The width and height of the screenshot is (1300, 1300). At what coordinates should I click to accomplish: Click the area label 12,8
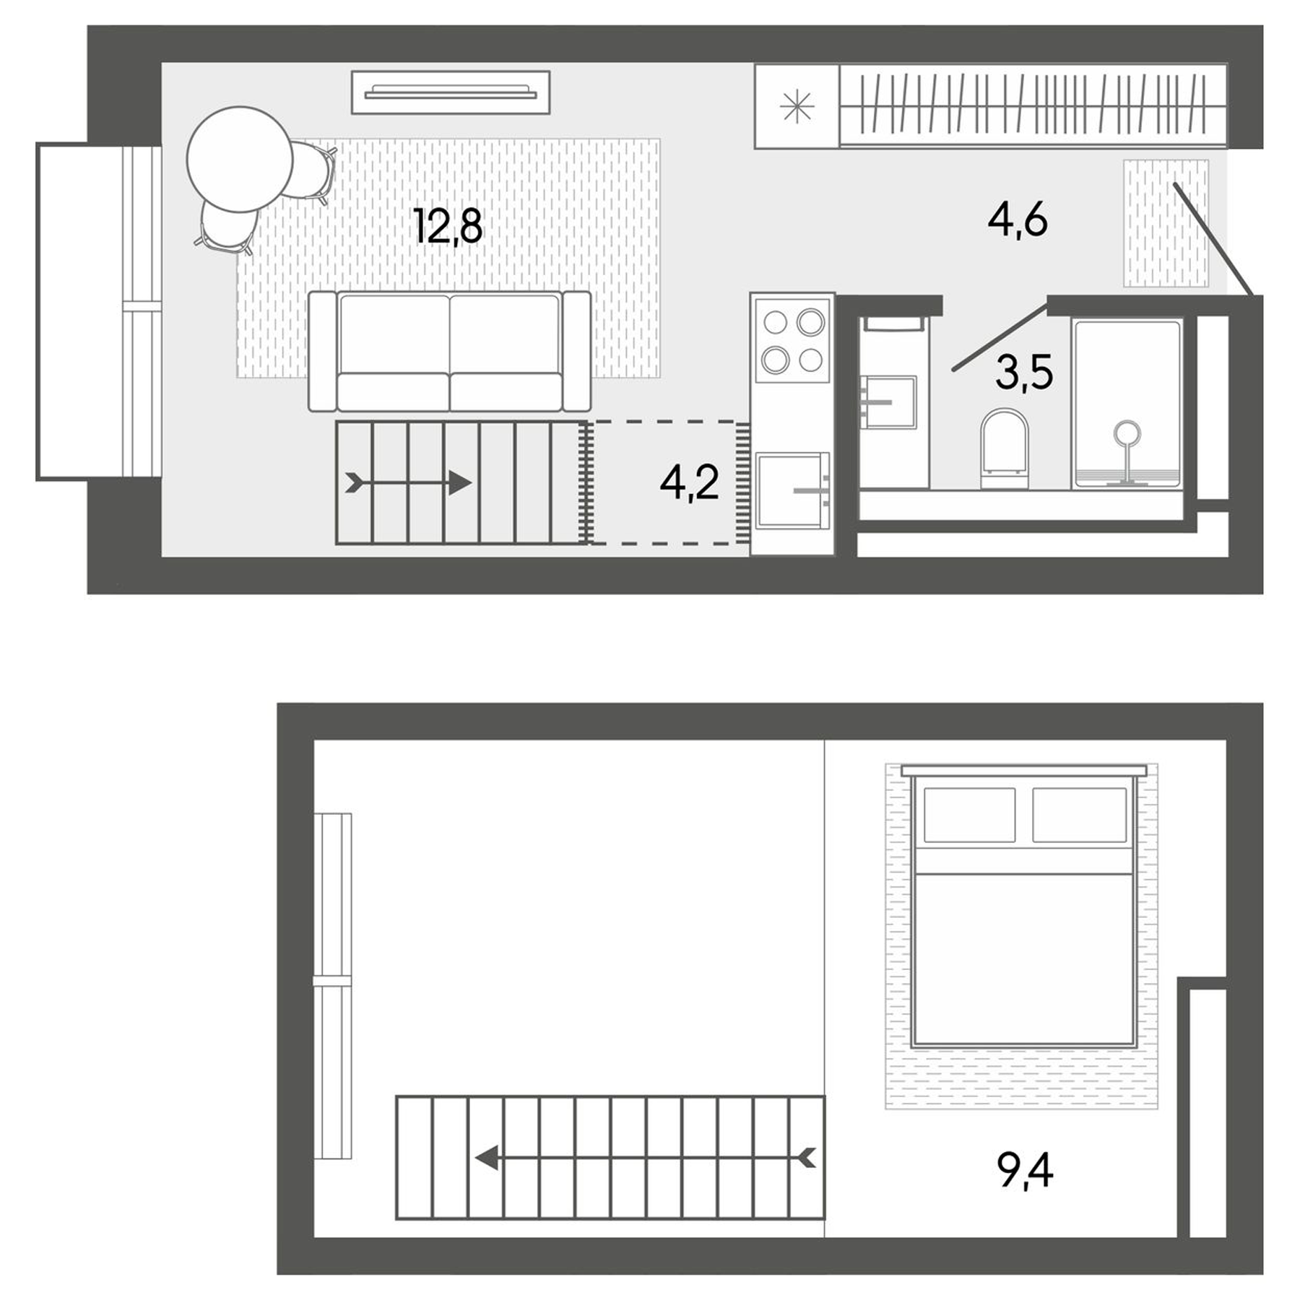(x=448, y=225)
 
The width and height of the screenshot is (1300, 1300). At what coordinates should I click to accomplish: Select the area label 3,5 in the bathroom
(x=1023, y=373)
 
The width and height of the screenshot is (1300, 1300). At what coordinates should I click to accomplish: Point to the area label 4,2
(x=689, y=482)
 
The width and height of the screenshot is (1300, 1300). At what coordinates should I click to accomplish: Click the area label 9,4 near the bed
(x=1025, y=1171)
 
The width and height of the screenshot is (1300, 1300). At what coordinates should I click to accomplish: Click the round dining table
(x=239, y=159)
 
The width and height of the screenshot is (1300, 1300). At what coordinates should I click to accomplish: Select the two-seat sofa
(x=449, y=351)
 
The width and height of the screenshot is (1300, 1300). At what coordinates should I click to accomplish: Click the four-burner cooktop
(x=792, y=340)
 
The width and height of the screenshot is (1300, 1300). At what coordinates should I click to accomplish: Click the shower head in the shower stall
(x=1127, y=434)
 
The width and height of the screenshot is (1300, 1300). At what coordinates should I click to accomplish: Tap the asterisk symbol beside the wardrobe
(x=797, y=108)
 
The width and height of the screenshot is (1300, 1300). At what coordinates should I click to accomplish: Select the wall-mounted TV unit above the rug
(x=451, y=92)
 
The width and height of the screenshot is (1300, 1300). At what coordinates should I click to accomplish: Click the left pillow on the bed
(x=969, y=814)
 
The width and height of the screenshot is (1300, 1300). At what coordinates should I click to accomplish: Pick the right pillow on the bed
(x=1079, y=814)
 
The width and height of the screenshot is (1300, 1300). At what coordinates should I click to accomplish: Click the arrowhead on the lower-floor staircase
(x=460, y=482)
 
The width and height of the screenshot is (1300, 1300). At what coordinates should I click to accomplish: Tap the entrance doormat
(x=1165, y=223)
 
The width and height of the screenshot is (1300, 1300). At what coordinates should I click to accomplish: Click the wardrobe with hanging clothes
(x=1033, y=105)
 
